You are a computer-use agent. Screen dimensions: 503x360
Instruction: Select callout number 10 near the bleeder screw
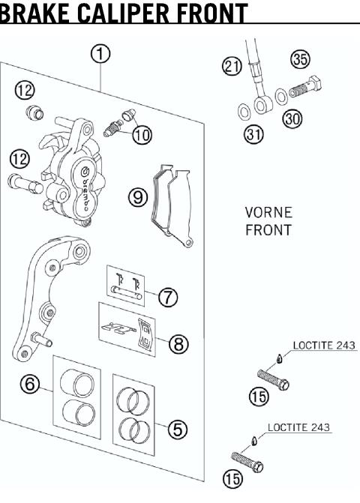coord(141,135)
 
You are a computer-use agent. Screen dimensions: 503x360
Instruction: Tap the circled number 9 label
coord(136,197)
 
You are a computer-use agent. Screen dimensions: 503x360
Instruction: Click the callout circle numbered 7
coord(168,295)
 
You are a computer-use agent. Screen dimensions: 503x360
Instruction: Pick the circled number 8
coord(178,344)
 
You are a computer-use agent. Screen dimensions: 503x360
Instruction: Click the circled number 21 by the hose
coord(232,67)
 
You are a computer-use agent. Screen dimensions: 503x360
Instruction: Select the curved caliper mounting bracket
coord(41,292)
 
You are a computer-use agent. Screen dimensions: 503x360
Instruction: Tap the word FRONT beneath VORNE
coord(268,231)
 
